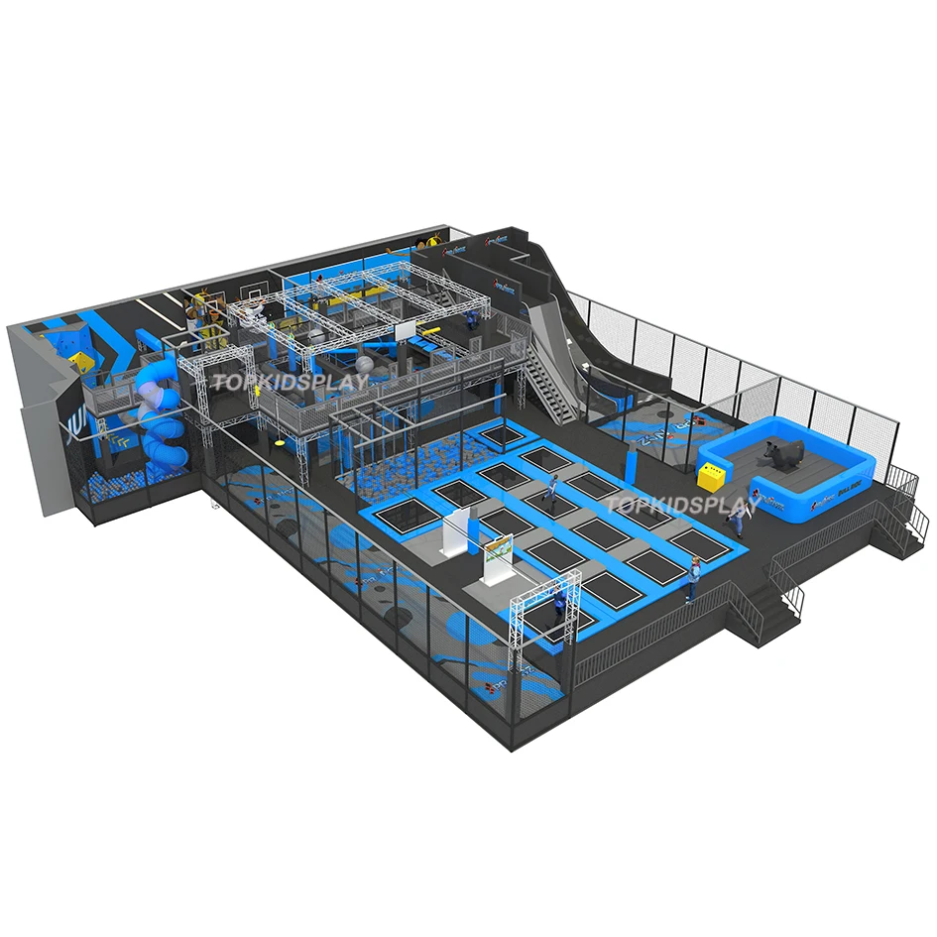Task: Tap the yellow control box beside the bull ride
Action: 711,477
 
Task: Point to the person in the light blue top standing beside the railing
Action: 694,577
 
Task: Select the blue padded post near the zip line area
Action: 632,464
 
